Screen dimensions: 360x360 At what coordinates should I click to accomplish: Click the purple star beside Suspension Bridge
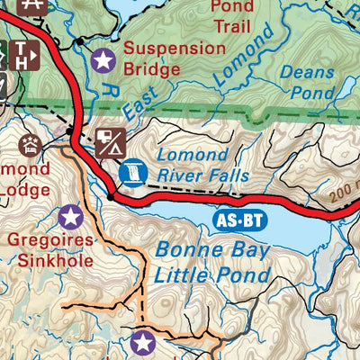pyautogui.click(x=104, y=61)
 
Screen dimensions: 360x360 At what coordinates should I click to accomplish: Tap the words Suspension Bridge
pyautogui.click(x=175, y=58)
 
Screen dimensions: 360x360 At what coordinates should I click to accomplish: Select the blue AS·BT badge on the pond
pyautogui.click(x=241, y=219)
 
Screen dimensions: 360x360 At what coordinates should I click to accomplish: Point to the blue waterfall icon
pyautogui.click(x=131, y=171)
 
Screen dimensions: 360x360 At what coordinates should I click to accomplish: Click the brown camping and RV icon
pyautogui.click(x=110, y=141)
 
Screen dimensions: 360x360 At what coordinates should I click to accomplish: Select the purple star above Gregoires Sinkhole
pyautogui.click(x=70, y=216)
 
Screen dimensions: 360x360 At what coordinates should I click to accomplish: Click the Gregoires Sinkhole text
pyautogui.click(x=52, y=251)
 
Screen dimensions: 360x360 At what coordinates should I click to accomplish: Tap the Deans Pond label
pyautogui.click(x=307, y=80)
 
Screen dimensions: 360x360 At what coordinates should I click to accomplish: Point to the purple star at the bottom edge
pyautogui.click(x=141, y=342)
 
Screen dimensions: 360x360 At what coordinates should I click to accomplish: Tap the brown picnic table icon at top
pyautogui.click(x=34, y=4)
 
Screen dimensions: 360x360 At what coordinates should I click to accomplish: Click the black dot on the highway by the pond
pyautogui.click(x=111, y=195)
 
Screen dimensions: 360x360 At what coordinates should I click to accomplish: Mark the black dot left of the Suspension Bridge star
pyautogui.click(x=79, y=42)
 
